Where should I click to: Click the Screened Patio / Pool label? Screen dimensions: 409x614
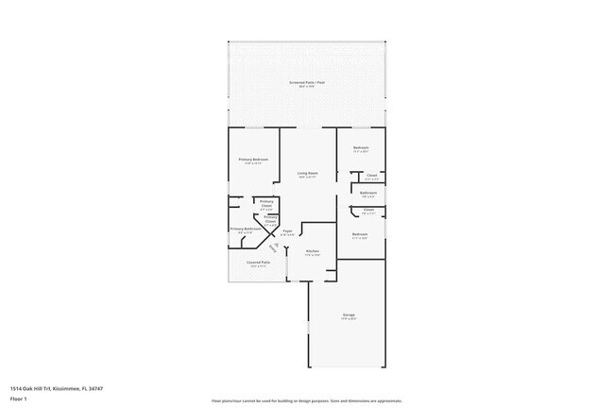click(x=307, y=83)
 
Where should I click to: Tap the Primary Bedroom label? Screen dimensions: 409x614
click(x=253, y=160)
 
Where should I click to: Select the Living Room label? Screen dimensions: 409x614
click(x=307, y=173)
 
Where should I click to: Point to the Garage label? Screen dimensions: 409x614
click(x=349, y=315)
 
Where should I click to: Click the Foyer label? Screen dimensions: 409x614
click(x=287, y=231)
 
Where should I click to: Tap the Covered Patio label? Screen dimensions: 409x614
click(x=259, y=263)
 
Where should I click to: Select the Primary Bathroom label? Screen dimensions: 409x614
click(x=246, y=229)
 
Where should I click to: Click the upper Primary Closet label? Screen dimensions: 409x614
click(x=266, y=202)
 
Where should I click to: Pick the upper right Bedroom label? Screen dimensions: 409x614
click(x=361, y=147)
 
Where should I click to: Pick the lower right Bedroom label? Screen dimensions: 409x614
click(x=360, y=233)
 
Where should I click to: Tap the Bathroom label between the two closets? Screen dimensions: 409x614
click(x=368, y=193)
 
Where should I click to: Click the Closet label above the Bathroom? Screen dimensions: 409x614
click(x=371, y=175)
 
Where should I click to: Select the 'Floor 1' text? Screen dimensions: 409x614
click(x=18, y=400)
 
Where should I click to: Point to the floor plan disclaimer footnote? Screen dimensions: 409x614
click(x=307, y=400)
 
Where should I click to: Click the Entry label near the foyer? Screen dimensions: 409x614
click(x=274, y=247)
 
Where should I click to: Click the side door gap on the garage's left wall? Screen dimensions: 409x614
click(x=308, y=326)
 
